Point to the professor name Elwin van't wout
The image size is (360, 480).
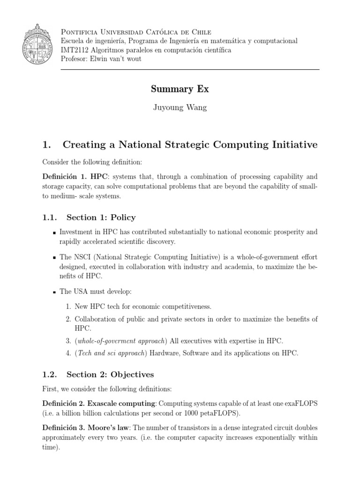coord(124,59)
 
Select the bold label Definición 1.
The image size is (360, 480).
coord(63,177)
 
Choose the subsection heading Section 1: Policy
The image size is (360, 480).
coord(101,217)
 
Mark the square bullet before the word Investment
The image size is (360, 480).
coord(55,232)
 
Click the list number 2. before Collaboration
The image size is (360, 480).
coord(68,319)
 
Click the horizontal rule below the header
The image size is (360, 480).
coord(189,69)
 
